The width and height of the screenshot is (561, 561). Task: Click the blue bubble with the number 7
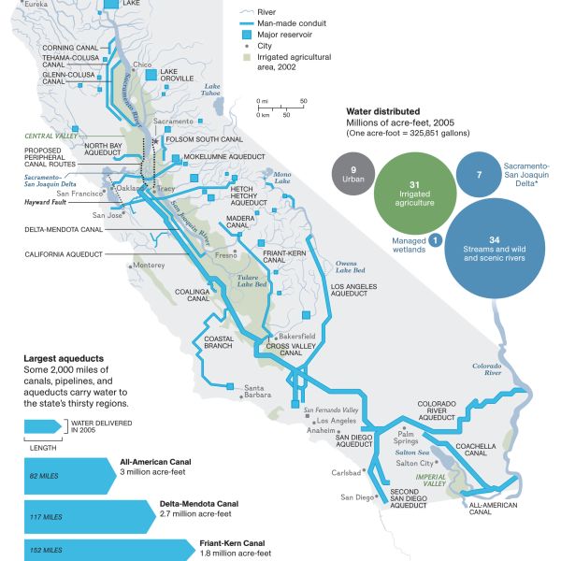coord(479,175)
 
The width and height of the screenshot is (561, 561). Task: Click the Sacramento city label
coord(173,122)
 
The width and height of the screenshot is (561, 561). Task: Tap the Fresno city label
coord(225,254)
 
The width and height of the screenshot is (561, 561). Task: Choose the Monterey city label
coord(148,266)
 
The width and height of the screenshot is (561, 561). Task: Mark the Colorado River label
coord(486,369)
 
